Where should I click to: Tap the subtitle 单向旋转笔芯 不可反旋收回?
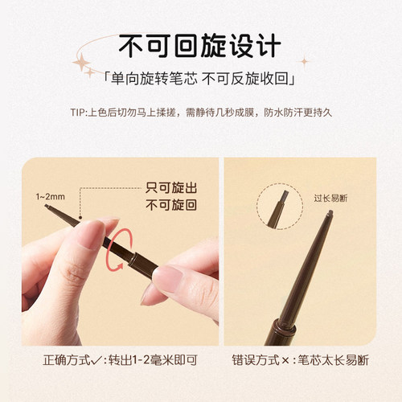(201, 80)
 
